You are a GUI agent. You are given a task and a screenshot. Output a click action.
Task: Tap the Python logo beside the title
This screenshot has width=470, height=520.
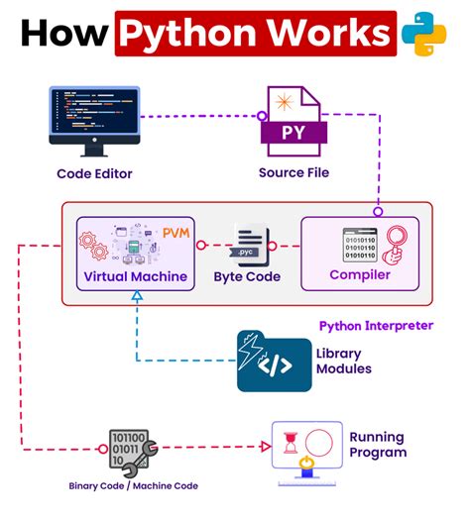click(424, 32)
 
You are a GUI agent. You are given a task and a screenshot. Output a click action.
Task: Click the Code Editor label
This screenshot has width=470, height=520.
click(94, 174)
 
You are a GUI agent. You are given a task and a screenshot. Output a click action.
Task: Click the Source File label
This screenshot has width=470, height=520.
click(294, 173)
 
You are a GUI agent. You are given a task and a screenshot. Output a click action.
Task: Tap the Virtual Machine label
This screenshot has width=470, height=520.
click(136, 276)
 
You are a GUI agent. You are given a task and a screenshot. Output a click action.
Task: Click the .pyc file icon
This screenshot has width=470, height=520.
click(249, 245)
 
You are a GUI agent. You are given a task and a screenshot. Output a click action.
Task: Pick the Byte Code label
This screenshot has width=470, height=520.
click(248, 277)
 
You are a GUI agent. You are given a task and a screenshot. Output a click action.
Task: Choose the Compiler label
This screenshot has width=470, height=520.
click(360, 275)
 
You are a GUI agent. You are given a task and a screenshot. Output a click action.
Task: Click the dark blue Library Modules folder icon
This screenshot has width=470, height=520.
click(267, 361)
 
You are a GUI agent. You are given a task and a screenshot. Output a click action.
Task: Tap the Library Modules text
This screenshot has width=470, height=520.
click(343, 362)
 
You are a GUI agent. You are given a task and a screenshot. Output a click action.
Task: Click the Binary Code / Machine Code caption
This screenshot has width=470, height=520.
click(134, 486)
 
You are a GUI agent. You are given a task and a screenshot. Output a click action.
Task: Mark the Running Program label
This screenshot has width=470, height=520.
click(378, 445)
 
